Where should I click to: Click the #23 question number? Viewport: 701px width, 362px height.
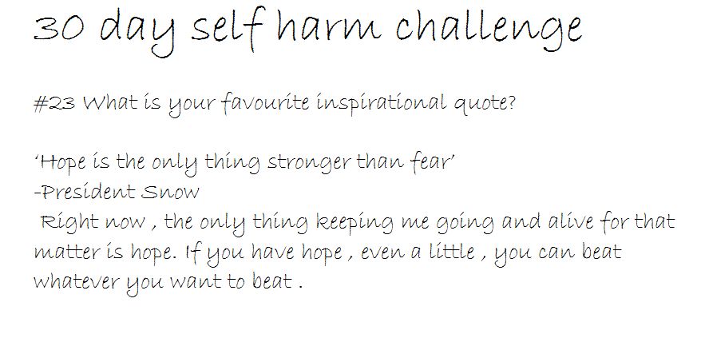pos(54,103)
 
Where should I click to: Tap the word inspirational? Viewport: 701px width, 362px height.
pos(382,104)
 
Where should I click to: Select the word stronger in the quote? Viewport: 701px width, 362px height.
pos(308,163)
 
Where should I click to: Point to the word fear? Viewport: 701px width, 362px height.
pos(433,161)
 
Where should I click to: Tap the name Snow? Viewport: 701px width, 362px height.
pos(170,193)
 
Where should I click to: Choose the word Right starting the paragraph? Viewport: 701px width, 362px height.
pos(69,222)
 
